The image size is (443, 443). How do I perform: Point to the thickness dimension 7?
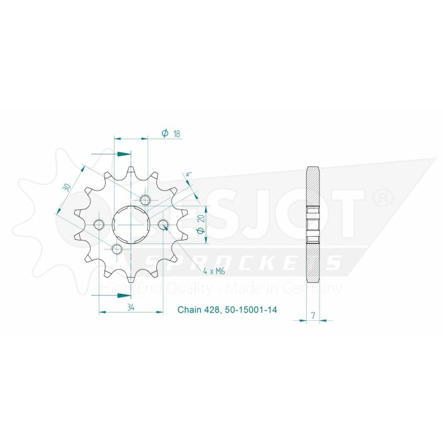pos(313,314)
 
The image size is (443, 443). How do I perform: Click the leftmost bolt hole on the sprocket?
pos(99,224)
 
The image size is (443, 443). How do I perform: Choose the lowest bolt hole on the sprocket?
pos(116,249)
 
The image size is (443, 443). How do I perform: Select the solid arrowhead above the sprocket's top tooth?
pos(125,153)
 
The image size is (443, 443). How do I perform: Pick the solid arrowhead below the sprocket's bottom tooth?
pos(125,294)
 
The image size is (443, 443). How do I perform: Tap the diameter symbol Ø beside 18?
pos(164,133)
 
